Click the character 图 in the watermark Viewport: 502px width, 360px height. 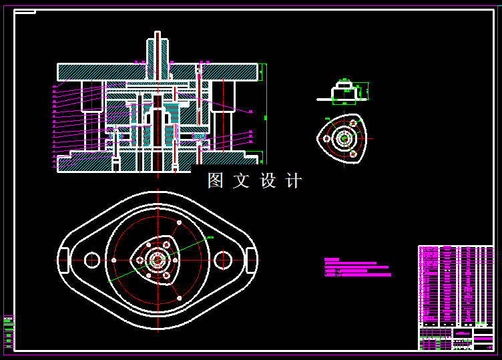[215, 180]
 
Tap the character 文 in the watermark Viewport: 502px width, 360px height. [241, 180]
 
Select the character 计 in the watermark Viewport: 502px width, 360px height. [293, 180]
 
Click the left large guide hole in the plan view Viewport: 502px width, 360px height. [92, 259]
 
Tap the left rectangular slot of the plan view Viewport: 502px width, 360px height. [64, 260]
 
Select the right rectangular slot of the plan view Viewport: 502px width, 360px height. [252, 260]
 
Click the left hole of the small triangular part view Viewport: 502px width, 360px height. [326, 139]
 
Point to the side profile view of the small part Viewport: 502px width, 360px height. [343, 92]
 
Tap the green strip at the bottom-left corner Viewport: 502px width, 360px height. [8, 331]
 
